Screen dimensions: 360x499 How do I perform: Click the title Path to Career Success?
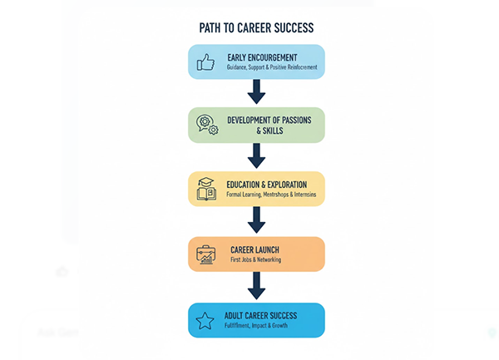pyautogui.click(x=256, y=27)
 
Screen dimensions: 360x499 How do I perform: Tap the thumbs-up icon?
pyautogui.click(x=205, y=62)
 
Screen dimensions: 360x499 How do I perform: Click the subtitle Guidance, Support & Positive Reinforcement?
pyautogui.click(x=271, y=67)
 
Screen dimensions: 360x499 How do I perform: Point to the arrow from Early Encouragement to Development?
pyautogui.click(x=256, y=91)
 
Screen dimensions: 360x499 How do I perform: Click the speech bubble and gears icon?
pyautogui.click(x=206, y=125)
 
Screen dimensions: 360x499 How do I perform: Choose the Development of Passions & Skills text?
pyautogui.click(x=269, y=125)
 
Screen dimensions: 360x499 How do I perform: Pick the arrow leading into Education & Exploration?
pyautogui.click(x=256, y=155)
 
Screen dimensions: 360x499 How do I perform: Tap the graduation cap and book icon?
pyautogui.click(x=206, y=188)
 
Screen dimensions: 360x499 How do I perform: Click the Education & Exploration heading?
pyautogui.click(x=265, y=183)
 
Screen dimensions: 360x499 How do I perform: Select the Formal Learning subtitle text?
pyautogui.click(x=272, y=195)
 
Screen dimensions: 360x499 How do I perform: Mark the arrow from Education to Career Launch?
pyautogui.click(x=256, y=220)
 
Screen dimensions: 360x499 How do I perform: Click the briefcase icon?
pyautogui.click(x=206, y=254)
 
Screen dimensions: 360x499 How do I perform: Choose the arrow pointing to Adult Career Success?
pyautogui.click(x=256, y=285)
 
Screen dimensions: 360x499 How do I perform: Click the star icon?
pyautogui.click(x=205, y=320)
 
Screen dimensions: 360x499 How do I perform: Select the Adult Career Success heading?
pyautogui.click(x=260, y=315)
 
